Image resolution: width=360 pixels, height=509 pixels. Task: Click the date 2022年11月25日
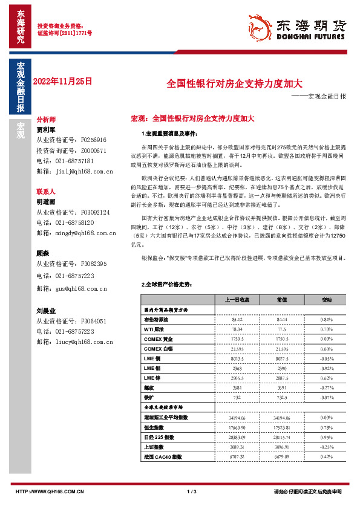[x=64, y=80]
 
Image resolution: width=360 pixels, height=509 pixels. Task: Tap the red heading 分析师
[x=47, y=120]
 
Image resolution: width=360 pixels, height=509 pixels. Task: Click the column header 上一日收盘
[x=237, y=299]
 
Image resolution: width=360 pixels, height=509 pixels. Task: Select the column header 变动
[x=327, y=299]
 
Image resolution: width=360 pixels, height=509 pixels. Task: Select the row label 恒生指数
[x=156, y=427]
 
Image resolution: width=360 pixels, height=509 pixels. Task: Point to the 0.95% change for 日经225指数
[x=327, y=436]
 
